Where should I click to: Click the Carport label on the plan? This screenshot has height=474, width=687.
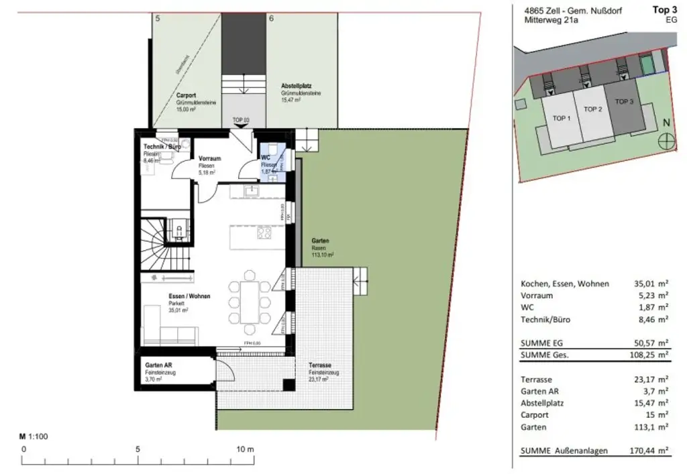pos(187,95)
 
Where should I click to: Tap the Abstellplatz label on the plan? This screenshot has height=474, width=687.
pos(296,87)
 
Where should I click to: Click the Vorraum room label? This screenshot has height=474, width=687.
pos(210,159)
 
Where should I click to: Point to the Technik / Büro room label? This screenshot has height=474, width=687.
pos(161,147)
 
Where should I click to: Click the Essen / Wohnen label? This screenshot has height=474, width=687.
pos(189,296)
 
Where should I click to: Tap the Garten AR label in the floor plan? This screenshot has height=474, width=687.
pos(159,365)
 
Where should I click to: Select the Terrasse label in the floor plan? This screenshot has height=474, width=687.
pos(319,365)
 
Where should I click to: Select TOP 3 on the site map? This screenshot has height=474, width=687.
pos(624,101)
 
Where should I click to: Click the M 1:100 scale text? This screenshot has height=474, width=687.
pos(34,436)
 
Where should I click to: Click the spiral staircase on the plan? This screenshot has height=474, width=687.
pos(155,245)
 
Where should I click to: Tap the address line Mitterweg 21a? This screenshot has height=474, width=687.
pos(551,21)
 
